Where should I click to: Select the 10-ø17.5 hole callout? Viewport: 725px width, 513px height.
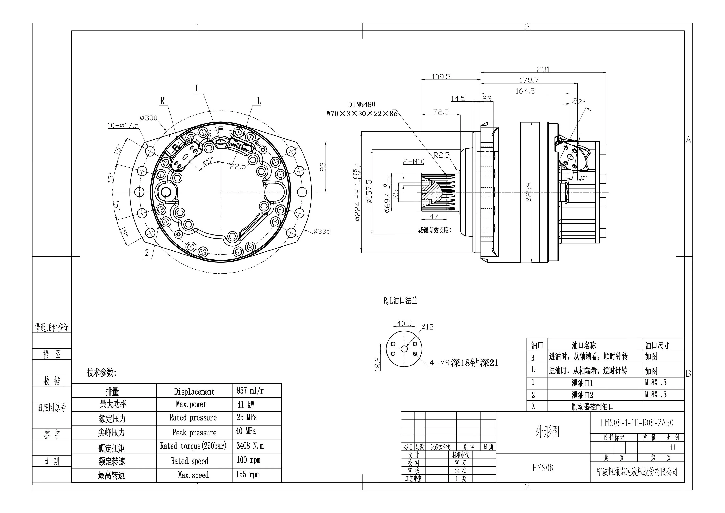coord(123,126)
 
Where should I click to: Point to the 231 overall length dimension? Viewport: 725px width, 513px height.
coord(543,69)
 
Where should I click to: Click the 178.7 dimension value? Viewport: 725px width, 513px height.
coord(529,80)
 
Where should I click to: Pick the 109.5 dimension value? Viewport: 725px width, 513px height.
coord(441,77)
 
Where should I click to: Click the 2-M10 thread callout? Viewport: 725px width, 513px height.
coord(414,161)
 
